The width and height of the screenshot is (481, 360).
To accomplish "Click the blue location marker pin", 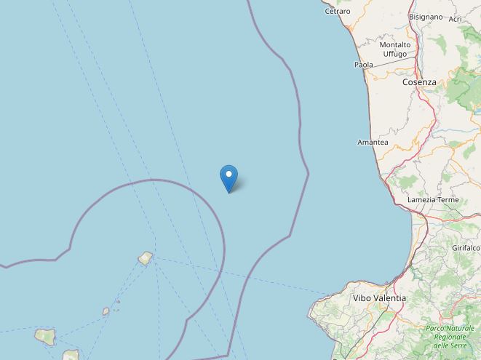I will point(228,176).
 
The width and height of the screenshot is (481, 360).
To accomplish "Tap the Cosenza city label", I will point(419,82).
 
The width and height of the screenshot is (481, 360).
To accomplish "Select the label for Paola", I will point(363,65).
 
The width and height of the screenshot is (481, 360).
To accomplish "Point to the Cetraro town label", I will point(337,12).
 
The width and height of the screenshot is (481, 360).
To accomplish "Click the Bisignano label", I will point(426,16).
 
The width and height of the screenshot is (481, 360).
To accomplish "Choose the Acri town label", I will point(456,19).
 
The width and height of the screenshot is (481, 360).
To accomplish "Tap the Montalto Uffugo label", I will point(395,49).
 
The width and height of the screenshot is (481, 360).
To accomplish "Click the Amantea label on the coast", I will point(373,143).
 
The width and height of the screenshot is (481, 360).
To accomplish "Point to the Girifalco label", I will point(465,248).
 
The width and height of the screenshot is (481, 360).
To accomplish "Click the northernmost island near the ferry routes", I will point(146,257).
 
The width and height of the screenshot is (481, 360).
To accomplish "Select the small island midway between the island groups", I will point(106,311).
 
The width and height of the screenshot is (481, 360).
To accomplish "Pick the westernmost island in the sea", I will point(45,337).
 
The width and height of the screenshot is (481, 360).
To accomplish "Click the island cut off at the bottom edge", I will point(71,356).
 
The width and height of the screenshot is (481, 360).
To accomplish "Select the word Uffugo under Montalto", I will point(395,54).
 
